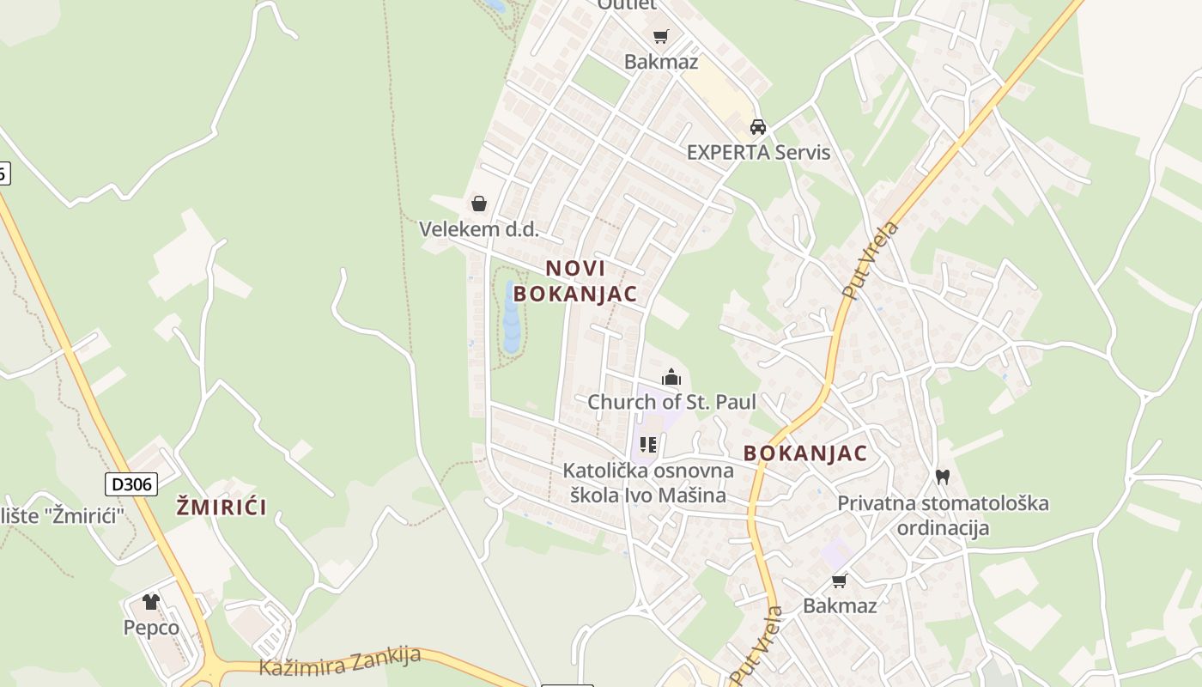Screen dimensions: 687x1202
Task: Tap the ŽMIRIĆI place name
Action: (x=222, y=507)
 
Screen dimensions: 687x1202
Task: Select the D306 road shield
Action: (x=131, y=484)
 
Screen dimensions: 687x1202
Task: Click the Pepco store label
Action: (x=151, y=628)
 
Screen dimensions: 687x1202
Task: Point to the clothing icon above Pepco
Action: (x=151, y=602)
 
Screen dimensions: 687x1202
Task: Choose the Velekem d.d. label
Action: (x=478, y=229)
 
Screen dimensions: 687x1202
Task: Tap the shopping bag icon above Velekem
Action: (x=479, y=204)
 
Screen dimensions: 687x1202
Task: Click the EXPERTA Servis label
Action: (x=758, y=153)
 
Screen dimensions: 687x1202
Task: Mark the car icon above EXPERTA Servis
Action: (x=757, y=127)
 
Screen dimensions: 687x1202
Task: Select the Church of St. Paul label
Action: (x=671, y=402)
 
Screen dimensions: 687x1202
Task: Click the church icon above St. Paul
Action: (x=671, y=377)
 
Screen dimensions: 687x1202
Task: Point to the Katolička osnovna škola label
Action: (x=648, y=483)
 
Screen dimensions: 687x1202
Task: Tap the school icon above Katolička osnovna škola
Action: (x=648, y=445)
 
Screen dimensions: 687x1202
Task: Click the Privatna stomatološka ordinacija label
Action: (x=943, y=515)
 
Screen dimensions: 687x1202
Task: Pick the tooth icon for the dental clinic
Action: (x=942, y=477)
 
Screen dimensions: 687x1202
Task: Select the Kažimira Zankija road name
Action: (x=340, y=661)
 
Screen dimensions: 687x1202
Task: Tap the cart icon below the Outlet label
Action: (x=660, y=36)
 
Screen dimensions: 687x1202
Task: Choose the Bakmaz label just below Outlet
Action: (x=660, y=62)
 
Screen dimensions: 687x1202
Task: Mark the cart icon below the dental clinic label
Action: (x=839, y=581)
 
